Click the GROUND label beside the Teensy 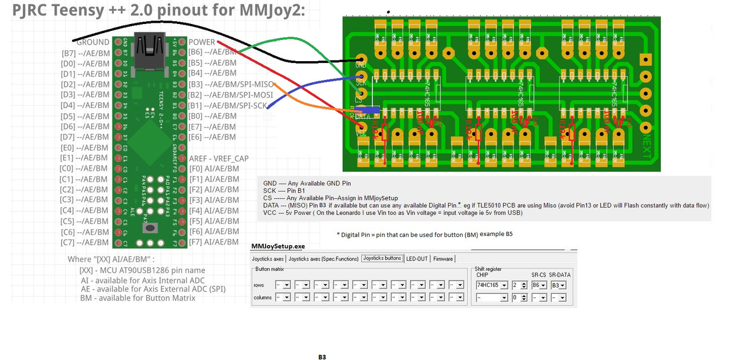pos(93,42)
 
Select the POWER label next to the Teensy pos(202,42)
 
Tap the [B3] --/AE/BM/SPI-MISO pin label pos(231,84)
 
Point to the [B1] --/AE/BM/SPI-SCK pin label pos(228,105)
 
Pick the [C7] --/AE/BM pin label pos(84,242)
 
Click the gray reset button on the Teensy pos(150,228)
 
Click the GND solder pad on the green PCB pos(361,59)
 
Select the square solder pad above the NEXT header pos(646,59)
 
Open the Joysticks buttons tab pos(382,259)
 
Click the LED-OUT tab pos(417,259)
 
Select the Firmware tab pos(443,259)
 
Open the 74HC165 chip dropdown pos(492,285)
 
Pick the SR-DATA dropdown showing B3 pos(559,285)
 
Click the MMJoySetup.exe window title pos(278,246)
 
